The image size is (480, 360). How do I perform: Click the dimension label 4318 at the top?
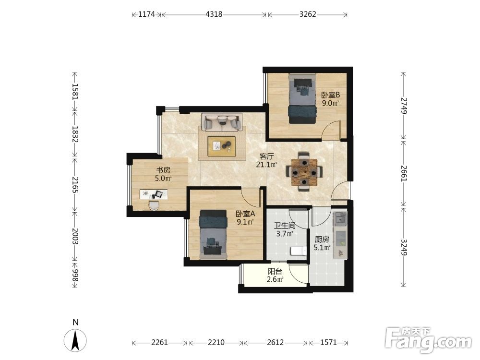(x=214, y=14)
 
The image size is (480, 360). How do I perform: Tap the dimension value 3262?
(x=308, y=14)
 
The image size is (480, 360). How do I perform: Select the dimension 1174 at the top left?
(x=146, y=14)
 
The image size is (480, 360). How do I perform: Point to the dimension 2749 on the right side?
(x=404, y=106)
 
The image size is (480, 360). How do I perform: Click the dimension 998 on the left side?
(x=75, y=276)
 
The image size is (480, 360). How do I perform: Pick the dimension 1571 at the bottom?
(x=328, y=342)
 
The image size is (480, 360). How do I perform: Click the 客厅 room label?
(x=266, y=156)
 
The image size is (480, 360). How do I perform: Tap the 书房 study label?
(x=163, y=170)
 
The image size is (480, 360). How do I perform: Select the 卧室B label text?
(x=330, y=95)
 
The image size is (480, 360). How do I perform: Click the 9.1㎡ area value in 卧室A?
(x=246, y=222)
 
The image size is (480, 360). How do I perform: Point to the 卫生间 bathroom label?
(x=285, y=226)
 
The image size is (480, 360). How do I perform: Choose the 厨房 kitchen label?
(x=322, y=240)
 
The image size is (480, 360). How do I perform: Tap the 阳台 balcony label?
(x=275, y=271)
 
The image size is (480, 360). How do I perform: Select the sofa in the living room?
(x=222, y=122)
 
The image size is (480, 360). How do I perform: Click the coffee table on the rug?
(x=222, y=146)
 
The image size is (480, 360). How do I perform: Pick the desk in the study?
(x=154, y=194)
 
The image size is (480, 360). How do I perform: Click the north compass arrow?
(x=75, y=340)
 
